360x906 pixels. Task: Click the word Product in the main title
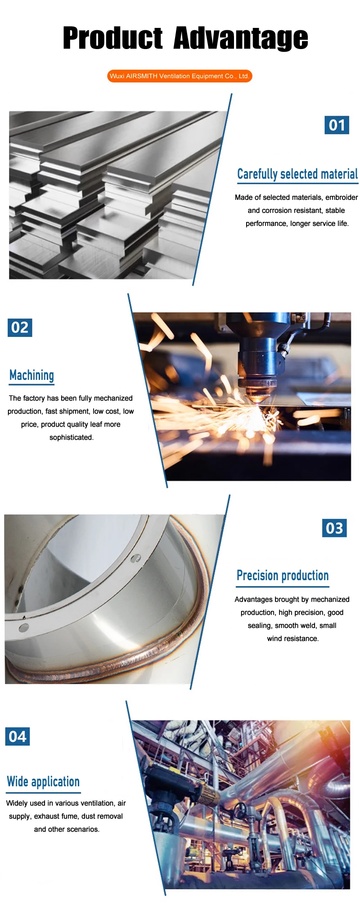pos(112,38)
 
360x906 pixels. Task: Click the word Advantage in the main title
pos(241,39)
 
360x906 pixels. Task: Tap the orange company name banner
pos(180,76)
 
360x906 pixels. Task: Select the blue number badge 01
pos(337,125)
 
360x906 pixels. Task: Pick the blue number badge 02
pos(20,327)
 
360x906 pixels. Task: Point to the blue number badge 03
pos(334,528)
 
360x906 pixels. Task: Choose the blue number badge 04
pos(18,736)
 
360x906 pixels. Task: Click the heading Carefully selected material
pos(297,174)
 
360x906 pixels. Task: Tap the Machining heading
pos(31,375)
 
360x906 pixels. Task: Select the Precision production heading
pos(283,576)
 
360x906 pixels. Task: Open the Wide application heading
pos(43,782)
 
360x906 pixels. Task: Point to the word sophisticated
pos(72,437)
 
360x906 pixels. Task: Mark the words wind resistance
pos(293,639)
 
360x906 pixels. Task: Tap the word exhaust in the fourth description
pos(46,816)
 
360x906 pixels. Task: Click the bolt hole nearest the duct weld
pos(133,559)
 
